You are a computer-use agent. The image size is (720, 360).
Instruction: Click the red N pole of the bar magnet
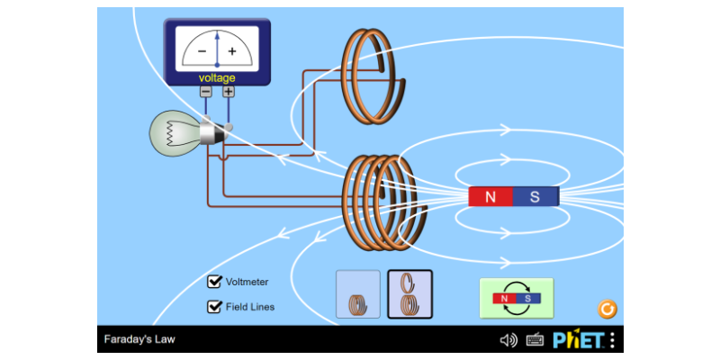click(x=490, y=196)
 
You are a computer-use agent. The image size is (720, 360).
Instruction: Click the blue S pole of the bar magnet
click(x=535, y=196)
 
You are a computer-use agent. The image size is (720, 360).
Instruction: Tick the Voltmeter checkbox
click(x=215, y=282)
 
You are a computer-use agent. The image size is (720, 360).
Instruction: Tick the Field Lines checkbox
click(x=215, y=306)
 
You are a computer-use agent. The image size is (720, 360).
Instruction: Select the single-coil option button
click(x=358, y=294)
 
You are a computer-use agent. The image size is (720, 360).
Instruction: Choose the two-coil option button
click(x=409, y=294)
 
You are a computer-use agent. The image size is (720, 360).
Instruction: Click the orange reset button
click(x=607, y=310)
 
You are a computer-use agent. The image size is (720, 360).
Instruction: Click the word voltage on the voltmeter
click(x=217, y=78)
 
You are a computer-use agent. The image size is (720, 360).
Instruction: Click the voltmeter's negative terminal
click(x=206, y=91)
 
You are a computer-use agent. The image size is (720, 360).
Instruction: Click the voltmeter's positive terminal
click(x=229, y=91)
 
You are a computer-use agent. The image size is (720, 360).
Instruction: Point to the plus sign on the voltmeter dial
click(x=232, y=51)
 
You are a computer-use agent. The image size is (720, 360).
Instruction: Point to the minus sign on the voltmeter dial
click(x=201, y=51)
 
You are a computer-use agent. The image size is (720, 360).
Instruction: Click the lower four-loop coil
click(x=379, y=202)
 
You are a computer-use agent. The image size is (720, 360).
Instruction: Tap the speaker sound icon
click(x=508, y=339)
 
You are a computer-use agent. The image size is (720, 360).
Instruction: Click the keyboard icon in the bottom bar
click(x=535, y=339)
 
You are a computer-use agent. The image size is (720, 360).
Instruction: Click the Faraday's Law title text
click(x=139, y=339)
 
